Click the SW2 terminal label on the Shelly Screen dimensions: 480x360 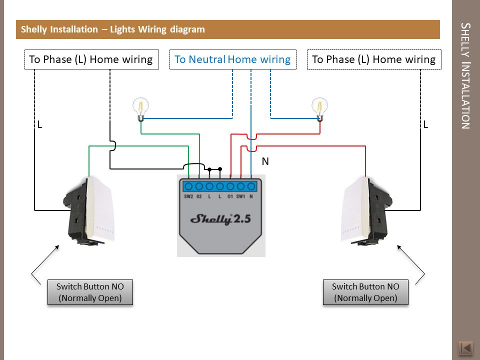(x=188, y=196)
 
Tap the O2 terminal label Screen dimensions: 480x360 (x=199, y=196)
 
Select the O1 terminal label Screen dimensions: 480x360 (x=230, y=196)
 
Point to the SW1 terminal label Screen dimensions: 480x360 (x=240, y=196)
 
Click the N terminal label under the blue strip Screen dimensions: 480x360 (x=251, y=196)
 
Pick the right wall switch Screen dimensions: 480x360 (x=366, y=210)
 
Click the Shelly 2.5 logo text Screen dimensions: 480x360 (x=220, y=219)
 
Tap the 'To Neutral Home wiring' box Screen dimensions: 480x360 (x=232, y=59)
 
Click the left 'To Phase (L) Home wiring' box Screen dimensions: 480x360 (x=91, y=59)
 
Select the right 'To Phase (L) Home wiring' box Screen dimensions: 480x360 (x=374, y=59)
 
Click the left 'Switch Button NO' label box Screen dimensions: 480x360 (x=90, y=292)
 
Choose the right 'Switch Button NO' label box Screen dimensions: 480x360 (x=365, y=292)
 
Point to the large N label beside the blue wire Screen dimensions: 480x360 (x=265, y=161)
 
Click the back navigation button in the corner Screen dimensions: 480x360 (x=465, y=348)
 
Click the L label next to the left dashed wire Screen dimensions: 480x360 (x=39, y=124)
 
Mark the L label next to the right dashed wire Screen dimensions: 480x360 (x=425, y=124)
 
